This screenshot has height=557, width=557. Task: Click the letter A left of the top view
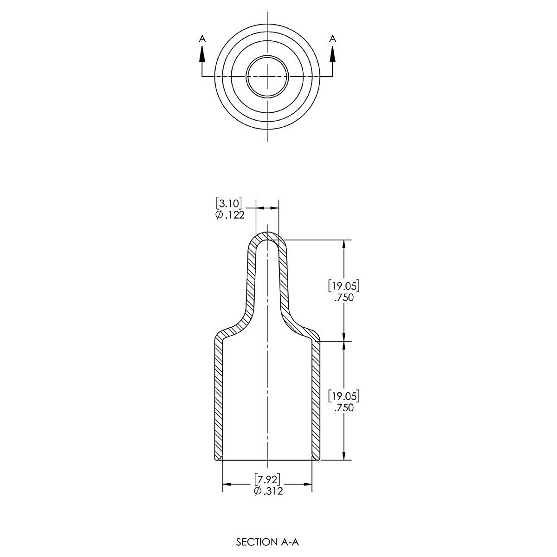[203, 39]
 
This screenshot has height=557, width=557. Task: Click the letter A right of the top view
[333, 39]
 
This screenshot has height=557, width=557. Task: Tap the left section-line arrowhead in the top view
[202, 54]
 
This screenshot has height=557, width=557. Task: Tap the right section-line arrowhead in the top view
[333, 54]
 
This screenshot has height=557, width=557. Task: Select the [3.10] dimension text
[229, 203]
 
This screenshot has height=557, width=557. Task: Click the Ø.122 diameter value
[230, 215]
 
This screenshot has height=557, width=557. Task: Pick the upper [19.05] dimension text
[344, 286]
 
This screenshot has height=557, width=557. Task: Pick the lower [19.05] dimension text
[344, 396]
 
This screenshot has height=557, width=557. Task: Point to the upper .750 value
[344, 298]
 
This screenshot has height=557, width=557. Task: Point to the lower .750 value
[344, 408]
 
